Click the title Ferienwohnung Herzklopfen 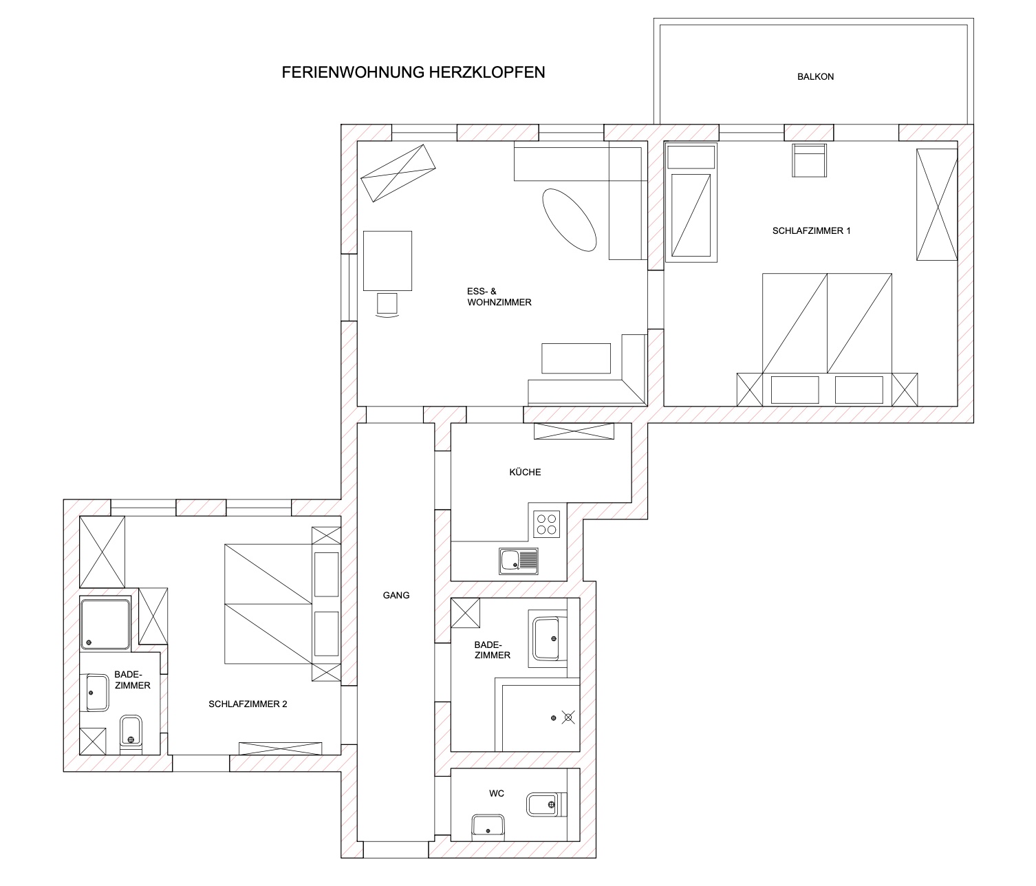pyautogui.click(x=413, y=72)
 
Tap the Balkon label pyautogui.click(x=815, y=76)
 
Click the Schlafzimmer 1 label pyautogui.click(x=812, y=231)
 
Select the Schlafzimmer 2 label pyautogui.click(x=248, y=704)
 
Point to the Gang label pyautogui.click(x=396, y=595)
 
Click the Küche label pyautogui.click(x=525, y=472)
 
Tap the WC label pyautogui.click(x=497, y=793)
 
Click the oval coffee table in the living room pyautogui.click(x=570, y=219)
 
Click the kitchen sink pyautogui.click(x=519, y=561)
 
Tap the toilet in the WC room pyautogui.click(x=547, y=805)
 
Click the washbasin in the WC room pyautogui.click(x=488, y=828)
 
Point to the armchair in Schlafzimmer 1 pyautogui.click(x=809, y=160)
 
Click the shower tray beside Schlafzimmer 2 pyautogui.click(x=105, y=624)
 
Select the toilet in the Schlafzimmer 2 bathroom pyautogui.click(x=131, y=734)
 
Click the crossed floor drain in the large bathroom pyautogui.click(x=568, y=717)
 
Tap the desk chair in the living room pyautogui.click(x=387, y=305)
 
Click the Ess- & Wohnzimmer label pyautogui.click(x=499, y=296)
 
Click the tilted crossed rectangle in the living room pyautogui.click(x=398, y=173)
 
